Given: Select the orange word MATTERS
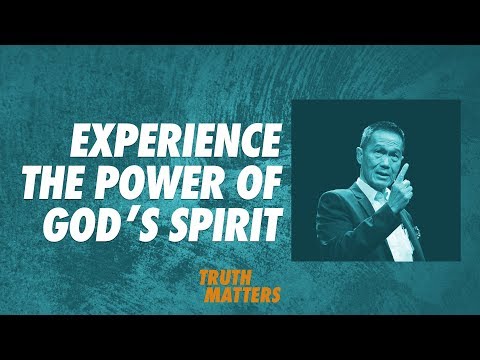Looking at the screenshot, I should [x=245, y=296].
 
